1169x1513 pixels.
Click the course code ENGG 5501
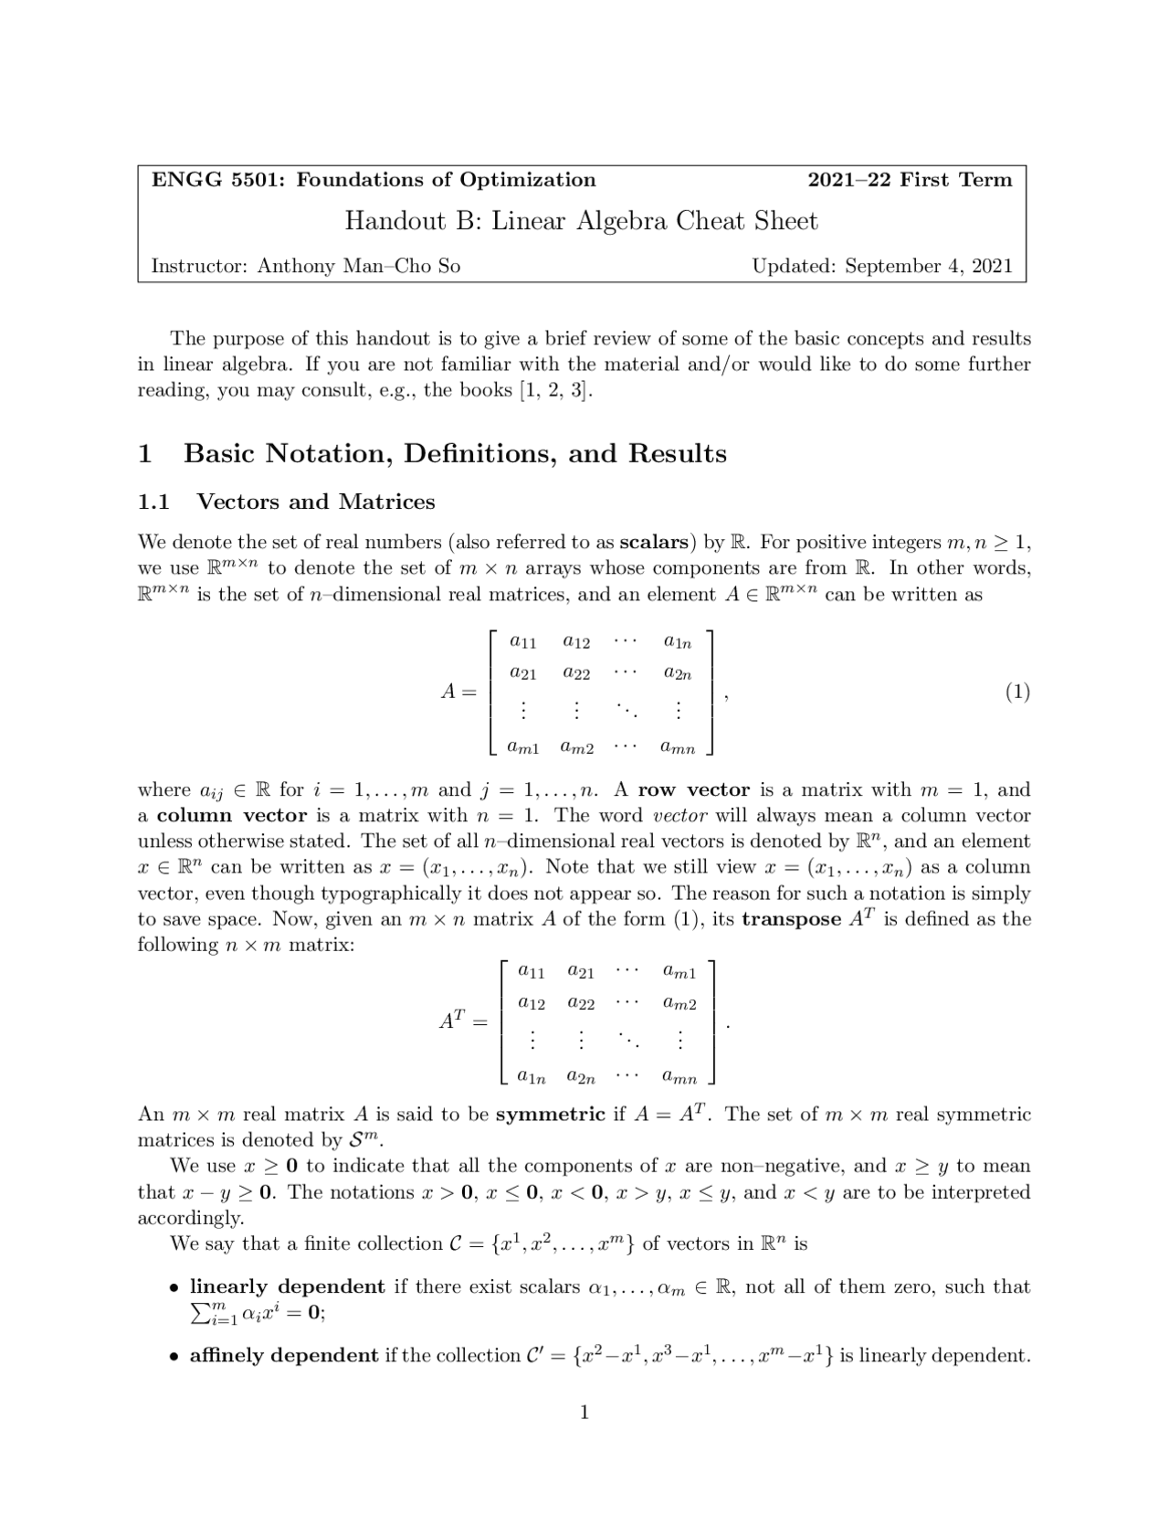pos(216,180)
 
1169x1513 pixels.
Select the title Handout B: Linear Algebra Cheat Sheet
pos(581,221)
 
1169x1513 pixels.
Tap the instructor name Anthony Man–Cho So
pos(358,267)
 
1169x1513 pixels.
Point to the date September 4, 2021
pos(928,267)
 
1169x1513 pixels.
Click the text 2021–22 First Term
pos(910,180)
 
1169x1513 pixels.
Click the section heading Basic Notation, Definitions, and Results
pos(455,454)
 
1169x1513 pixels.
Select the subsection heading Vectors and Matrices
pos(316,502)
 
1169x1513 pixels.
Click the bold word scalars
pos(653,543)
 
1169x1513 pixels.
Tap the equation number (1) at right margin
pos(1017,693)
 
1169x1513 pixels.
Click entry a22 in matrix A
pos(576,674)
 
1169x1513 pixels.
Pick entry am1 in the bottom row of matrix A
pos(523,748)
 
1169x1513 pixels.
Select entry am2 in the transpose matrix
pos(679,1005)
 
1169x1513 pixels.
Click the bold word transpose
pos(791,919)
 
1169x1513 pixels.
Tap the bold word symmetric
pos(550,1115)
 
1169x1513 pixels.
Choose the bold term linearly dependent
pos(287,1287)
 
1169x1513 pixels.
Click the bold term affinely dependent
pos(283,1356)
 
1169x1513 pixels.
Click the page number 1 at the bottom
pos(584,1413)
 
